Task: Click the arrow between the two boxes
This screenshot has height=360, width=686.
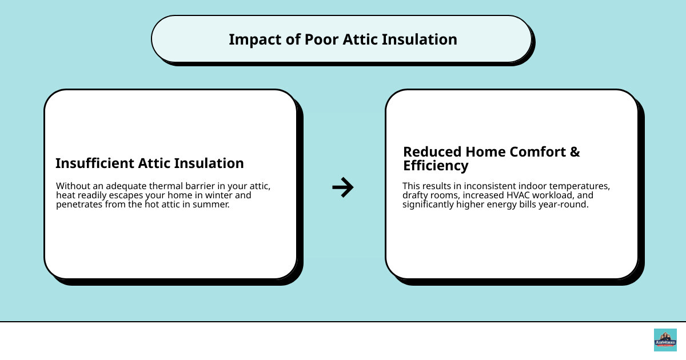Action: [x=343, y=187]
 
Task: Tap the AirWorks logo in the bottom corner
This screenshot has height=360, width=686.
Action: [x=665, y=340]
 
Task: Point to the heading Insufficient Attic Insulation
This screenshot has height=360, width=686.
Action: [x=149, y=163]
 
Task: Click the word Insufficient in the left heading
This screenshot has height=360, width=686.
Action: [x=95, y=163]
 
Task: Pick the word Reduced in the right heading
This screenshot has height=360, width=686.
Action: [x=432, y=152]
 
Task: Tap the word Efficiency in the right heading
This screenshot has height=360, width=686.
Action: [x=436, y=166]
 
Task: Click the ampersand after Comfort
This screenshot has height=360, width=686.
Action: [x=575, y=152]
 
